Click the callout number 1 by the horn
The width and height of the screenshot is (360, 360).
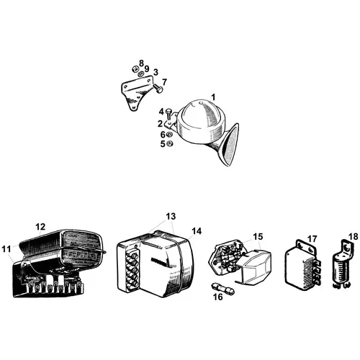[213, 97]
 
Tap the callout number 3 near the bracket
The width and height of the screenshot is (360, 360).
[156, 72]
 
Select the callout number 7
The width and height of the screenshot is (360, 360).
[164, 82]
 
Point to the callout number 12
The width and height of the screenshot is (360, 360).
[40, 227]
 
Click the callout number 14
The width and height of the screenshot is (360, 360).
[197, 231]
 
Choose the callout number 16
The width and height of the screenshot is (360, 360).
[217, 297]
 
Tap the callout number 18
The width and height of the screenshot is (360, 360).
[353, 236]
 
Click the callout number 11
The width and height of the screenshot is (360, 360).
[6, 249]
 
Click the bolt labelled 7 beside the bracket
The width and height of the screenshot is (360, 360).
[158, 89]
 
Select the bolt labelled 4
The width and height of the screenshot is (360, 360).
[169, 114]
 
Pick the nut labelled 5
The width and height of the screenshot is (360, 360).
[170, 144]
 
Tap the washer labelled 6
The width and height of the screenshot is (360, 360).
[169, 134]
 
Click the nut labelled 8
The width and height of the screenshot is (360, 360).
[135, 69]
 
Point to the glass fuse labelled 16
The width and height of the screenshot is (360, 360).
[222, 289]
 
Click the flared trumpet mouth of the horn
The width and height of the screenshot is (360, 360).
[230, 145]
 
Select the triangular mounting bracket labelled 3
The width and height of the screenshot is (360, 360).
[136, 93]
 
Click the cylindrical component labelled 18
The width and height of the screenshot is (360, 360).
[341, 269]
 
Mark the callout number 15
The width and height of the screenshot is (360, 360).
[258, 236]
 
